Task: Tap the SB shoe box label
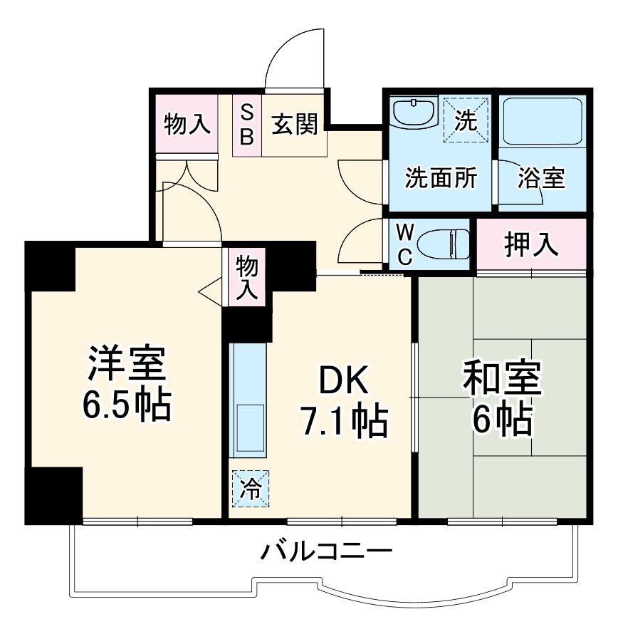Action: click(246, 125)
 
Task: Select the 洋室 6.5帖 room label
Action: click(127, 383)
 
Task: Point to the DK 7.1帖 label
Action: click(343, 402)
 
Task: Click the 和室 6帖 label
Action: click(502, 399)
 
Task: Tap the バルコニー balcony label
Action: click(325, 551)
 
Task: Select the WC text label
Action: click(404, 244)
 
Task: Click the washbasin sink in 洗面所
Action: click(414, 113)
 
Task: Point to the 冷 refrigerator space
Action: click(251, 489)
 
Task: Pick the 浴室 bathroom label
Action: click(541, 178)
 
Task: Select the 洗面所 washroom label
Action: click(441, 178)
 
